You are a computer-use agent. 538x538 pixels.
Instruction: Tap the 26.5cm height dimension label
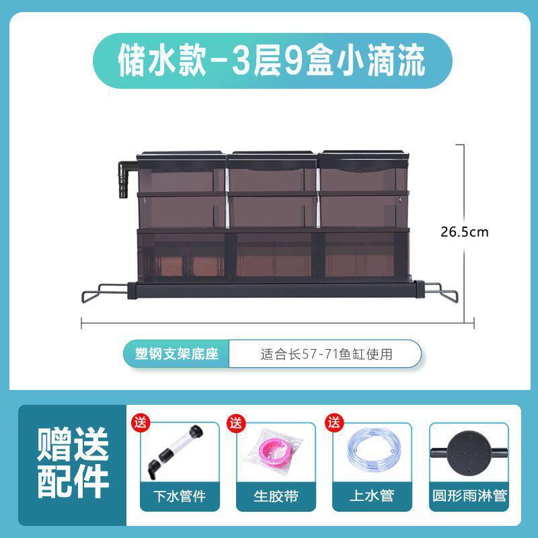click(464, 232)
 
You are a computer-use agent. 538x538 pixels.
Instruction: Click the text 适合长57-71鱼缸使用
click(325, 353)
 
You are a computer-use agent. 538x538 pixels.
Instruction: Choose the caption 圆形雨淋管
click(470, 497)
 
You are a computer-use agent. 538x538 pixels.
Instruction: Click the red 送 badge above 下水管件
click(141, 423)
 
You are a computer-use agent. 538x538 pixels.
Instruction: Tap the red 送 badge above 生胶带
click(235, 423)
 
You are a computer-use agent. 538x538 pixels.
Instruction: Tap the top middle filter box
click(272, 171)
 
